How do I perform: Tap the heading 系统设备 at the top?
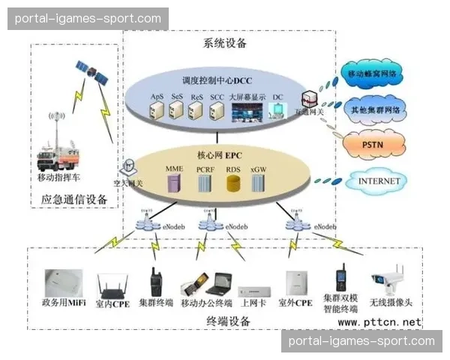pyautogui.click(x=225, y=43)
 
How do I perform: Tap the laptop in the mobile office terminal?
pyautogui.click(x=217, y=283)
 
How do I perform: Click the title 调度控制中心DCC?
pyautogui.click(x=217, y=80)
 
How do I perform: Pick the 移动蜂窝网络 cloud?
pyautogui.click(x=374, y=74)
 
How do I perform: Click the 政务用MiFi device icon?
pyautogui.click(x=62, y=283)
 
